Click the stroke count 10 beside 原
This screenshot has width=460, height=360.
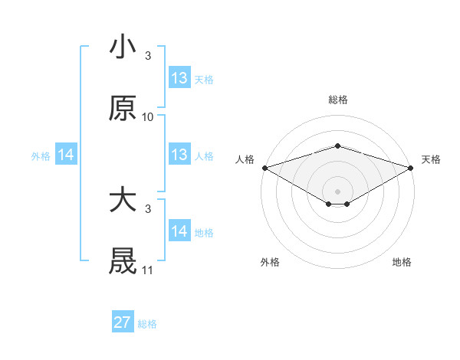(148, 117)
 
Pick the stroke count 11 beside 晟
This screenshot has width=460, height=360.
(148, 270)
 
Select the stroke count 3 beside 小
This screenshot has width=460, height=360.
(148, 56)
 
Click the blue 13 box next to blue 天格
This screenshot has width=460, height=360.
(179, 78)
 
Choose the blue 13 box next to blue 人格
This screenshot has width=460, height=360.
(179, 155)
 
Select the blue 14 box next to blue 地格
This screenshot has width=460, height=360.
(179, 231)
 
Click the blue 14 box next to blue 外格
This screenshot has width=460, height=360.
(66, 155)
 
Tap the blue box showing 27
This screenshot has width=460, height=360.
(123, 322)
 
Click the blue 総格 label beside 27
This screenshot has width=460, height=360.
(147, 324)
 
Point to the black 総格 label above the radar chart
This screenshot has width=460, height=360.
(337, 100)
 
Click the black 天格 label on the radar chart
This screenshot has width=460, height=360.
(431, 159)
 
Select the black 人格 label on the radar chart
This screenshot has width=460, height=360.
(245, 159)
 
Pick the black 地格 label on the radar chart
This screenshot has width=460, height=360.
(402, 262)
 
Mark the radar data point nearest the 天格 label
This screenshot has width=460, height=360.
(412, 167)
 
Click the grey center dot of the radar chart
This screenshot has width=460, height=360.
(337, 191)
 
